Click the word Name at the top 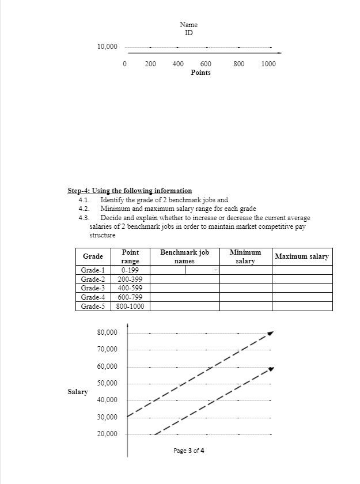coord(188,25)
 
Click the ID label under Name coord(188,33)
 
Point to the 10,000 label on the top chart coord(107,47)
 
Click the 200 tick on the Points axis coord(150,64)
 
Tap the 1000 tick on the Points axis coord(268,64)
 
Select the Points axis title coord(200,73)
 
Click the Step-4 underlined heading coord(130,191)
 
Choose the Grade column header coord(93,256)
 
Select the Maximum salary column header coord(302,256)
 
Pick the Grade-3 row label coord(93,288)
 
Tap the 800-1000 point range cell coord(130,306)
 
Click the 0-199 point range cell coord(130,270)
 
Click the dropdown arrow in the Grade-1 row coord(216,270)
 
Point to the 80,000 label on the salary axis coord(107,333)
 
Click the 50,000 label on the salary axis coord(107,384)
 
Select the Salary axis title coord(78,392)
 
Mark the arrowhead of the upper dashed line coord(270,332)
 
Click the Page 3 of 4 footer coord(188,451)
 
